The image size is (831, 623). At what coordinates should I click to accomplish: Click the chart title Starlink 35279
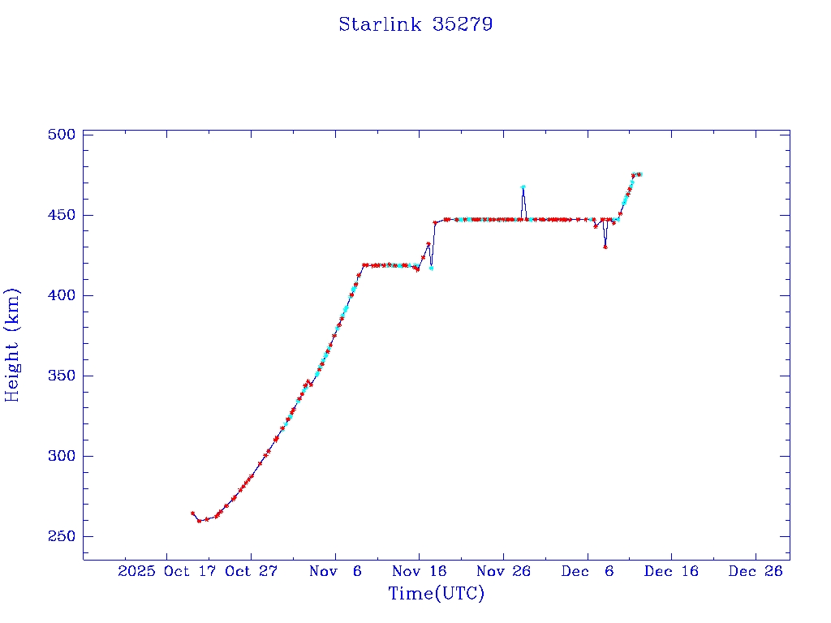click(x=415, y=24)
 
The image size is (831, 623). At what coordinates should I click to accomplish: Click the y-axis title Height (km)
click(x=12, y=345)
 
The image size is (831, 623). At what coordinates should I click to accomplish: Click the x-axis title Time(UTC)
click(x=436, y=594)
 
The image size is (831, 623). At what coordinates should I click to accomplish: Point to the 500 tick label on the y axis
click(x=61, y=135)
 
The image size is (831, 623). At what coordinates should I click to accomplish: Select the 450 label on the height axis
click(x=61, y=215)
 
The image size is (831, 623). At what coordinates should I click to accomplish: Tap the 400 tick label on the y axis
click(x=61, y=295)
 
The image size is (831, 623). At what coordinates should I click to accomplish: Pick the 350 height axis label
click(x=61, y=376)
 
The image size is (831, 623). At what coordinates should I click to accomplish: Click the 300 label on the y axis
click(x=61, y=456)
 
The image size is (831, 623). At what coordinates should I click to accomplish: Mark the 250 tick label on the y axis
click(x=61, y=536)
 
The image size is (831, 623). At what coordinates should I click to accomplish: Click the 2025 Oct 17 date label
click(x=168, y=571)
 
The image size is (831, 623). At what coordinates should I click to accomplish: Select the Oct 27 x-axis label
click(x=251, y=571)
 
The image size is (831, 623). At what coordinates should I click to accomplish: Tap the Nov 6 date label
click(x=335, y=571)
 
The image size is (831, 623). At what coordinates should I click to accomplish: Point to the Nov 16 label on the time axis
click(x=419, y=571)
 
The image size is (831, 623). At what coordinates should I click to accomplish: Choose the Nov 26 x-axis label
click(x=503, y=571)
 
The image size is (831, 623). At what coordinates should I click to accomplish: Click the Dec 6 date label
click(x=588, y=571)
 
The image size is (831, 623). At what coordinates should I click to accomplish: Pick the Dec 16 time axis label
click(x=671, y=571)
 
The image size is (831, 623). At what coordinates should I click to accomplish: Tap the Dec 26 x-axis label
click(x=756, y=571)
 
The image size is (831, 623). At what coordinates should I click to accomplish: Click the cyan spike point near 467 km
click(x=523, y=187)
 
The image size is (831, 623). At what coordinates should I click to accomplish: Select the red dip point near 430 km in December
click(x=605, y=247)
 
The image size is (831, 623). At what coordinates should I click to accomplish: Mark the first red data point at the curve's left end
click(x=192, y=513)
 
